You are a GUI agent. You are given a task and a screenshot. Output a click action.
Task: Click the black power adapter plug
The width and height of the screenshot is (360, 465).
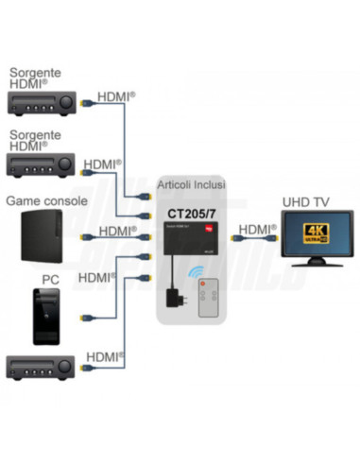(177, 295)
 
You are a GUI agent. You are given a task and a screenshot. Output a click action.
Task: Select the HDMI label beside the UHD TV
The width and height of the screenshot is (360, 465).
(255, 229)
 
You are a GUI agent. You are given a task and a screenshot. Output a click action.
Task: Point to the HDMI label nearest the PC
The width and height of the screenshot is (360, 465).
(98, 277)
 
